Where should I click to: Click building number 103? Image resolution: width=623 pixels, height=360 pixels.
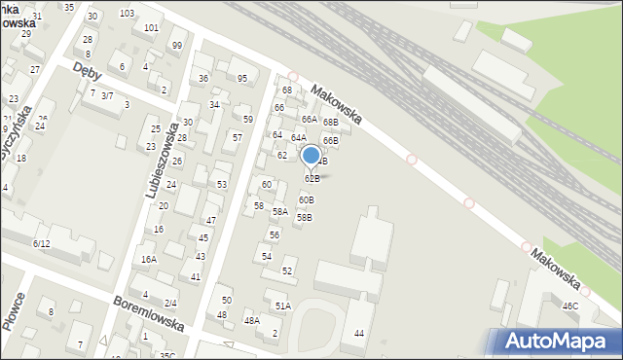point(127,13)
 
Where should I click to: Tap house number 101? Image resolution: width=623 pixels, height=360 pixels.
point(151,27)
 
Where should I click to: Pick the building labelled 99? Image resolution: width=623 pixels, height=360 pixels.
point(176,46)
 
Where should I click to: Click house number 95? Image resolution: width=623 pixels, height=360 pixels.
point(241,78)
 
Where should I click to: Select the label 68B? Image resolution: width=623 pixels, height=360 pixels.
point(331,122)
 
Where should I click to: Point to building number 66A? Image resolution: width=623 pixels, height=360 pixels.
point(309,119)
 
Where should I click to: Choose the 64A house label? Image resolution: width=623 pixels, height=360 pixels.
point(298,138)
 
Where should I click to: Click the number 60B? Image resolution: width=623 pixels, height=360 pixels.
point(306,199)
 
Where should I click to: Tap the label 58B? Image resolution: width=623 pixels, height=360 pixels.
point(304,217)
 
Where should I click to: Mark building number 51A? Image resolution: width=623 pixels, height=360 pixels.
point(282,306)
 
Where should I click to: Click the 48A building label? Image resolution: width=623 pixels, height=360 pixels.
point(251,320)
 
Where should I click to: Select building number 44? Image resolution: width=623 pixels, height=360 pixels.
point(359,334)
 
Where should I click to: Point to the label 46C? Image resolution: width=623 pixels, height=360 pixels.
point(569,306)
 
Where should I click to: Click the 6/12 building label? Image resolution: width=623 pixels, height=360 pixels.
point(41,243)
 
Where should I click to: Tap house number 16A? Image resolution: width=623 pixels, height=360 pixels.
point(148,260)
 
